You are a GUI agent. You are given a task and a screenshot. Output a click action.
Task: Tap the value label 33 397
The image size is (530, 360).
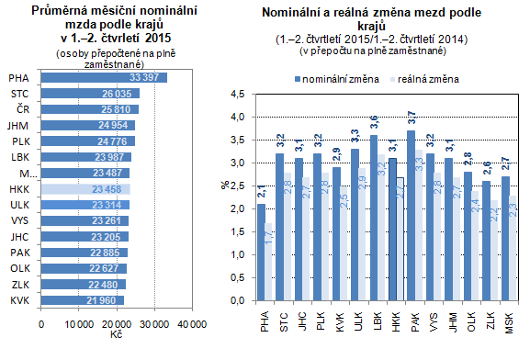[148, 77]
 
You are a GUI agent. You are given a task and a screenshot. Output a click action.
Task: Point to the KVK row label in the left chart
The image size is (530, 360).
[18, 300]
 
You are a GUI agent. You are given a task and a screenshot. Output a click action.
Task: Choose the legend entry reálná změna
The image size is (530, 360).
[428, 80]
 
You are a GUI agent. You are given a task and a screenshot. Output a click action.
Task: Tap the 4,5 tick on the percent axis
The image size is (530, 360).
[237, 94]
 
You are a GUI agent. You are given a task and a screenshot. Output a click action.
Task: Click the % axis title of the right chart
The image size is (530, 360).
[223, 187]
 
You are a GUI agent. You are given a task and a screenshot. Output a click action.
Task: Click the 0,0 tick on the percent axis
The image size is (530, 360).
[237, 300]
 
